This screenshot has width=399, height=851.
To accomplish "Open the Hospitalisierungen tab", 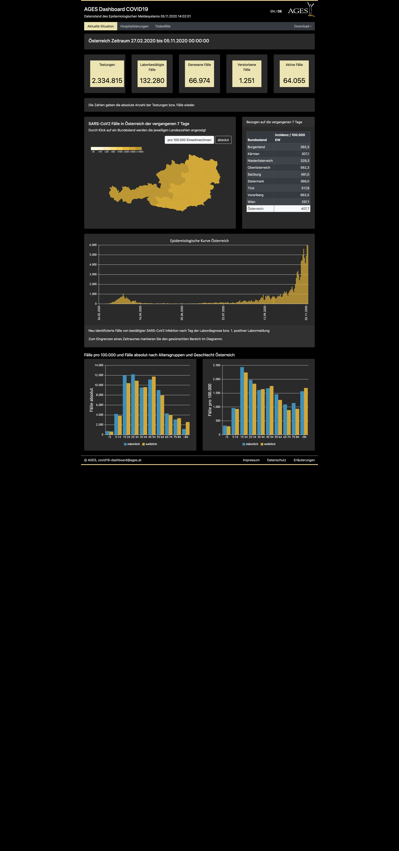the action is pyautogui.click(x=134, y=26).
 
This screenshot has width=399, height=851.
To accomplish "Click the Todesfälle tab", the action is pyautogui.click(x=163, y=26).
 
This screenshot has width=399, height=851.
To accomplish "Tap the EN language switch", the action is pyautogui.click(x=272, y=11).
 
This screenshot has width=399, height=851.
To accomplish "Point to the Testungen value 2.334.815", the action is pyautogui.click(x=107, y=81).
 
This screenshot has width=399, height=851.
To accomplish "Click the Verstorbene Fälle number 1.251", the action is pyautogui.click(x=247, y=81).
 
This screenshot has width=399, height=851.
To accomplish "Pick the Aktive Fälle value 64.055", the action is pyautogui.click(x=294, y=81).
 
